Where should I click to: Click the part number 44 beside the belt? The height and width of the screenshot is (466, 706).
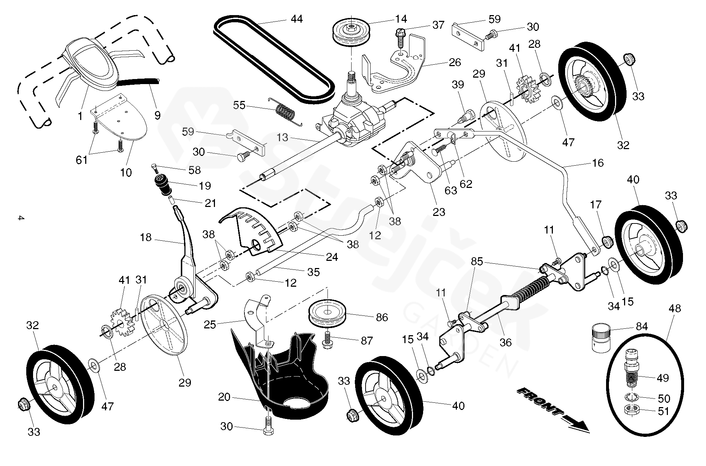297,19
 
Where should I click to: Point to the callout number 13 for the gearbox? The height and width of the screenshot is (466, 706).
283,137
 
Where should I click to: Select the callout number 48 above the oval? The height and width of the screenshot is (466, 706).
675,309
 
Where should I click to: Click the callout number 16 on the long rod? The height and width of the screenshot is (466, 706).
597,163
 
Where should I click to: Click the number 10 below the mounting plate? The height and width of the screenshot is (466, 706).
125,172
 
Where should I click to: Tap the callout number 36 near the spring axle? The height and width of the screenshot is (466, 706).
505,342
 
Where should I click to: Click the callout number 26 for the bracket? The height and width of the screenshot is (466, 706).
454,62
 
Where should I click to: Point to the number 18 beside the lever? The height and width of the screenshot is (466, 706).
146,237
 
